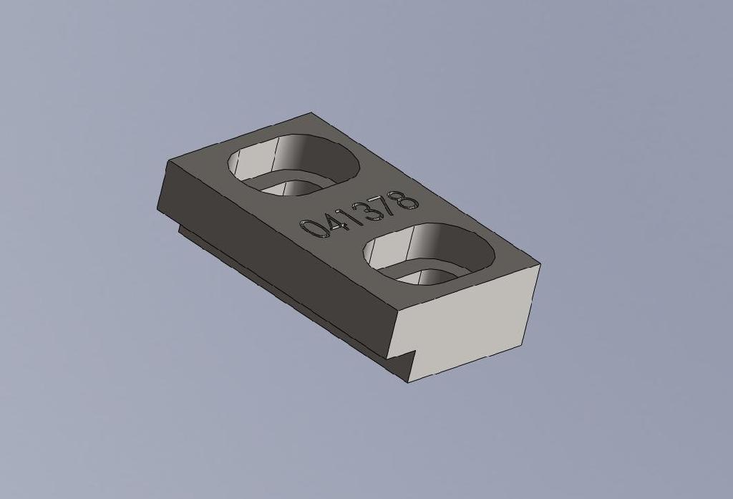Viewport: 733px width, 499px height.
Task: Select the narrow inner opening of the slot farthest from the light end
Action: (x=290, y=188)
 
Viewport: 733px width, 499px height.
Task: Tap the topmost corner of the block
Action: (x=311, y=112)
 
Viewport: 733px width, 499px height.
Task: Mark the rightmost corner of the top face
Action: (x=540, y=265)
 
